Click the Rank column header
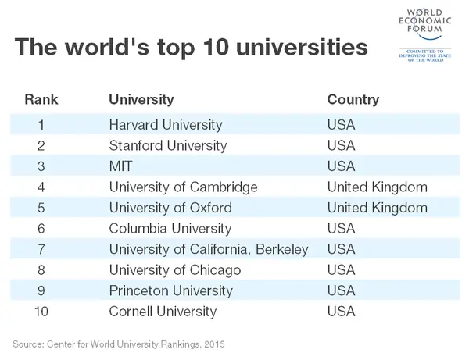pos(41,99)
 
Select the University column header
pos(141,99)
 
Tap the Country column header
pos(353,99)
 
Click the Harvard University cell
pos(166,124)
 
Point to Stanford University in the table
pos(168,145)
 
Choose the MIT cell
pos(122,166)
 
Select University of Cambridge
pos(183,187)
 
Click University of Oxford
pos(170,208)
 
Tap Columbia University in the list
pos(170,229)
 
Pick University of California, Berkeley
pos(209,249)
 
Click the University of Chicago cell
pos(174,270)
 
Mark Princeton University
pos(171,291)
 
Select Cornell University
pos(163,312)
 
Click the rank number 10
pos(41,312)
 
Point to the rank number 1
pos(41,124)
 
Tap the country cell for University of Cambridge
pos(377,187)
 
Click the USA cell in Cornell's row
pos(341,312)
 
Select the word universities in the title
pos(301,48)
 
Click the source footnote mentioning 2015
pos(124,343)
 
